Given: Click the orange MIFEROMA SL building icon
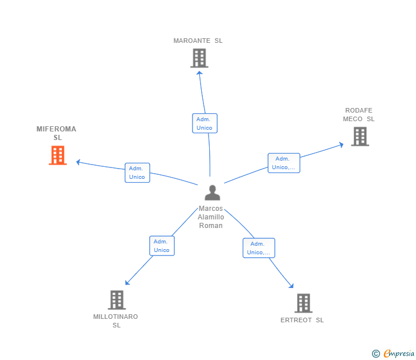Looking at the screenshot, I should click(x=58, y=155).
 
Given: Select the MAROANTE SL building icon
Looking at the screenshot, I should click(x=199, y=58).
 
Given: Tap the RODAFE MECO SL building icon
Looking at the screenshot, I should click(x=359, y=137).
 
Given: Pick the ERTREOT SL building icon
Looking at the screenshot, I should click(x=303, y=303).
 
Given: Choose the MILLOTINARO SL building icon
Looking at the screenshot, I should click(x=117, y=300).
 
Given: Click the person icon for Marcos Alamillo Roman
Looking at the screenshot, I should click(x=212, y=193).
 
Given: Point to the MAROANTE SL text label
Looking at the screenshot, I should click(x=198, y=41).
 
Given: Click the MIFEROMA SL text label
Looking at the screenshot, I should click(x=57, y=133).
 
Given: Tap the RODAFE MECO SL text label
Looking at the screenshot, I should click(x=359, y=115).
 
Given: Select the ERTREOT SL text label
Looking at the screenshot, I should click(x=302, y=320).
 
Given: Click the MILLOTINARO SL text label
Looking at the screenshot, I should click(x=116, y=321).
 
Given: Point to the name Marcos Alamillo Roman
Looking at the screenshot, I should click(x=211, y=217).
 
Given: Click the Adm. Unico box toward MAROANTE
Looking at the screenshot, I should click(x=205, y=123).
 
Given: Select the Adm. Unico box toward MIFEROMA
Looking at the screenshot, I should click(x=137, y=173).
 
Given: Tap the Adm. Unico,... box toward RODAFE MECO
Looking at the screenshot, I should click(x=284, y=163).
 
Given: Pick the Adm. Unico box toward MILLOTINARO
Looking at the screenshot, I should click(x=162, y=246).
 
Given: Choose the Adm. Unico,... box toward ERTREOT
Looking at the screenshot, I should click(x=259, y=248).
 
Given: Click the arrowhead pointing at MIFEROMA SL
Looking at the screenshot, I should click(x=78, y=162).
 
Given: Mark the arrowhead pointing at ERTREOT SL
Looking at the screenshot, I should click(x=292, y=287).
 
